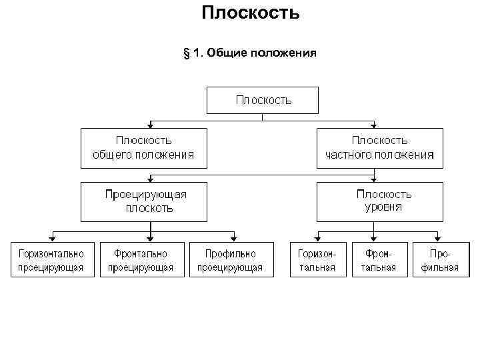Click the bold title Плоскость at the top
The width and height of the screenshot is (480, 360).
(250, 13)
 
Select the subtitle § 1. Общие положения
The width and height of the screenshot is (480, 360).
(249, 52)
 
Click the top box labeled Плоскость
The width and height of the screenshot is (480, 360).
(263, 100)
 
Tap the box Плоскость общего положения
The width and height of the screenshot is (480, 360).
(143, 147)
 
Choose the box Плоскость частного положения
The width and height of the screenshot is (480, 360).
(379, 147)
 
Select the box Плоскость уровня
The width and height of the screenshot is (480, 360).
(379, 201)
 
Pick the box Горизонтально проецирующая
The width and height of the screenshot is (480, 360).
(52, 260)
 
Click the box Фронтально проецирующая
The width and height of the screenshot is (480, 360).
(141, 260)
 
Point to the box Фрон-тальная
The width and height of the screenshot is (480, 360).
(379, 260)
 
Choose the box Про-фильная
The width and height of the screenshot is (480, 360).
(437, 260)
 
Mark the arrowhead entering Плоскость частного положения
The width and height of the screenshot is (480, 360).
(374, 125)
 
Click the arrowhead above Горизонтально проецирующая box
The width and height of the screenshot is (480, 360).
(52, 238)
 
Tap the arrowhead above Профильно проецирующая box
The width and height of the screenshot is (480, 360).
(233, 238)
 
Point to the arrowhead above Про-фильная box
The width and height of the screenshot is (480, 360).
(437, 238)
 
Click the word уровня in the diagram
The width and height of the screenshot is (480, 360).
(383, 207)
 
